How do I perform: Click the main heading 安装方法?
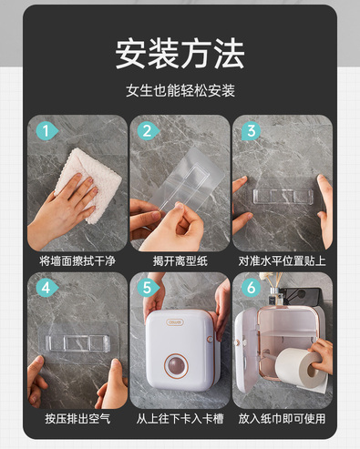[x=180, y=55]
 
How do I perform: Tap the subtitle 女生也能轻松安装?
[x=180, y=90]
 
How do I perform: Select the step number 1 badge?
[x=46, y=131]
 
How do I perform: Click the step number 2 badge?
[x=148, y=131]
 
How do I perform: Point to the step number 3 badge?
[x=251, y=131]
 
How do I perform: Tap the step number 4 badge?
[x=46, y=287]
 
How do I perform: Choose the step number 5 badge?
[x=148, y=287]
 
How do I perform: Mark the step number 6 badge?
[x=251, y=287]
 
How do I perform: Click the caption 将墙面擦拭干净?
[x=77, y=260]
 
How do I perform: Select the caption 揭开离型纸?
[x=180, y=260]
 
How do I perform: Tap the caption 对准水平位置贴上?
[x=283, y=260]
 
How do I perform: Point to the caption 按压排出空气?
[x=77, y=419]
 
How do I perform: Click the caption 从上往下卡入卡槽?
[x=180, y=419]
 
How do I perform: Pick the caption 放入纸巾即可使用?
[x=283, y=419]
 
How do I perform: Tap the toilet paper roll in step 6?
[x=299, y=368]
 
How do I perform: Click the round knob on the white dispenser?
[x=177, y=364]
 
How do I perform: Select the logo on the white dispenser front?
[x=175, y=322]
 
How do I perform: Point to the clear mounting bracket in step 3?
[x=283, y=196]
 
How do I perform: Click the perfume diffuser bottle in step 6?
[x=276, y=296]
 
